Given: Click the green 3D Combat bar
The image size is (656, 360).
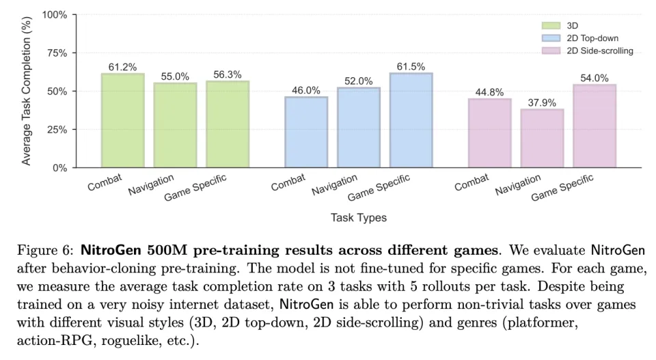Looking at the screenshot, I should coord(122,120).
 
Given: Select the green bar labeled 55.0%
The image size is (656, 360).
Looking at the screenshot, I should coord(175,125).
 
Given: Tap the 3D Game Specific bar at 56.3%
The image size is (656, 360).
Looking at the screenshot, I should coord(228,124).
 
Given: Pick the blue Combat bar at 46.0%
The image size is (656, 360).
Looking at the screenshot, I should coord(306,132).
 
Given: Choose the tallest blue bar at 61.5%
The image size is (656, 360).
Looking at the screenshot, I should coord(411,120).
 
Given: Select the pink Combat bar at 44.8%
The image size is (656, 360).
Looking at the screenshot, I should coord(489,133).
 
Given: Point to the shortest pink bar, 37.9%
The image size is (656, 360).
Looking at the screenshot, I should coord(542,138).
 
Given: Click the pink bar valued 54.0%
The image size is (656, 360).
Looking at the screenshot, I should coord(594,126).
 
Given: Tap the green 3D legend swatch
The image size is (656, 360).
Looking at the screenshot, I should coord(551,26).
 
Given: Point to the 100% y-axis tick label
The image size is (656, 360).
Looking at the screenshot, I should coord(54,14).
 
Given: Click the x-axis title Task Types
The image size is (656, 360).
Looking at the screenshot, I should coord(359,218).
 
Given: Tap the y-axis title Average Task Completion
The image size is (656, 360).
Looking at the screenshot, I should coord(27,91).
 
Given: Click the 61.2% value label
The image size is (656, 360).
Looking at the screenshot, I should coord(122,67).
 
